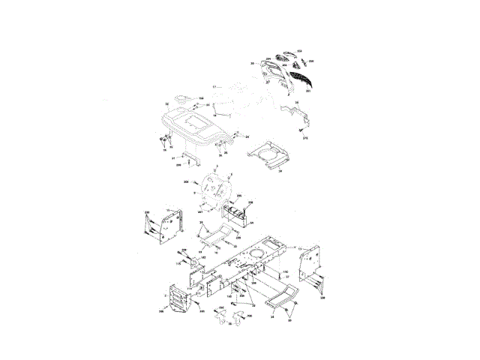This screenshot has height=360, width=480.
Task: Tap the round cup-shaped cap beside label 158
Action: [x=180, y=98]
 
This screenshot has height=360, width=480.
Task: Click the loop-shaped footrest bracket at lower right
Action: [x=281, y=298]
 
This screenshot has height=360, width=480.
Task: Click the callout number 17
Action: [x=213, y=88]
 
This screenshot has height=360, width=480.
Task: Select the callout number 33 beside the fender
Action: [x=166, y=103]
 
